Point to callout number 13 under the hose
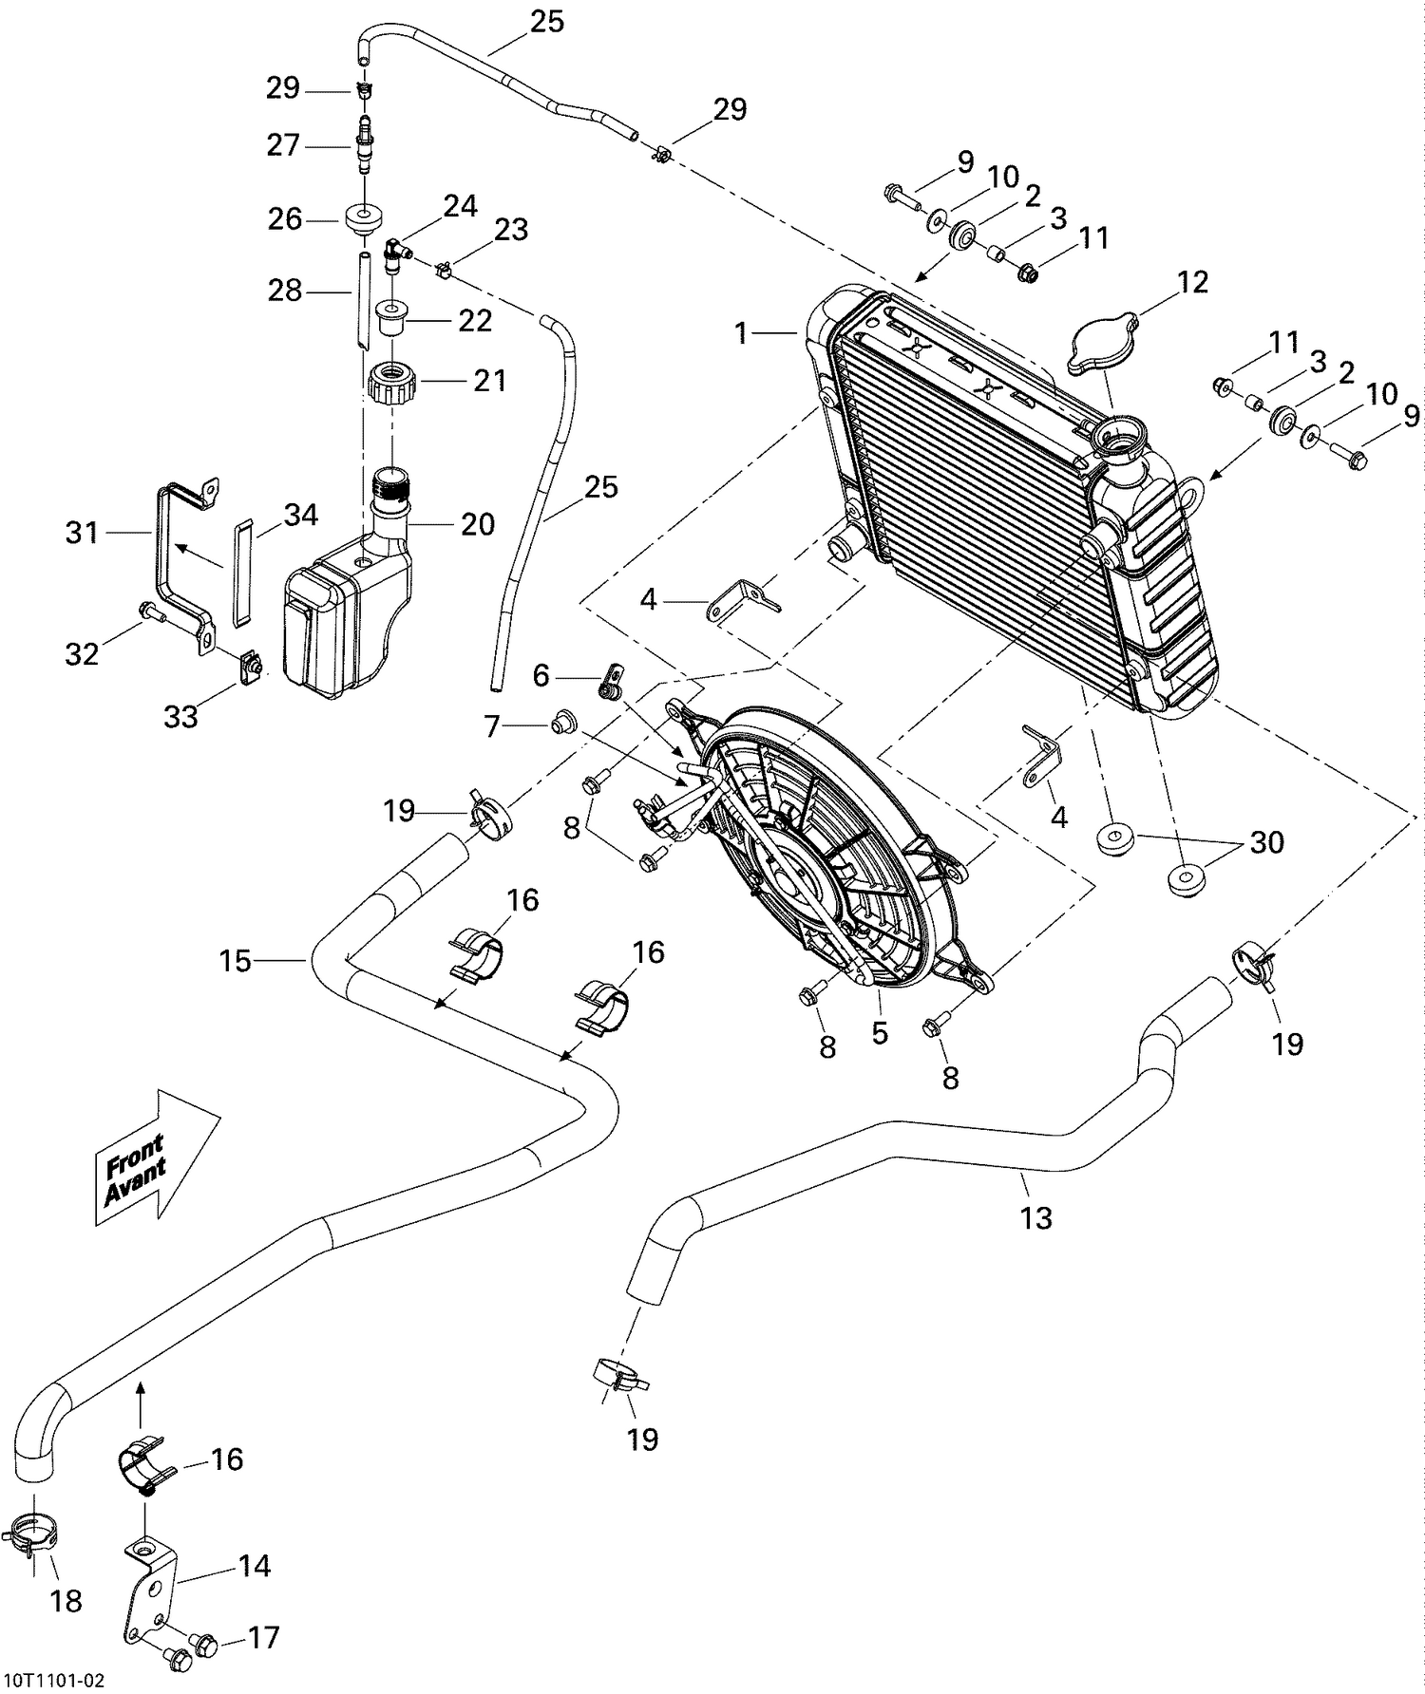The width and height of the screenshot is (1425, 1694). pyautogui.click(x=1035, y=1216)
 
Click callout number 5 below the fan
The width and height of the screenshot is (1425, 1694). pyautogui.click(x=880, y=1032)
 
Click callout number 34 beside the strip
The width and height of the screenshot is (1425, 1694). pyautogui.click(x=301, y=516)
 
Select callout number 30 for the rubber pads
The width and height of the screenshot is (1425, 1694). pyautogui.click(x=1266, y=842)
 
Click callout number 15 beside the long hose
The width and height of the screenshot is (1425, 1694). pyautogui.click(x=236, y=961)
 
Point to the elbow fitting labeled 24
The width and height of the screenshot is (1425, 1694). pyautogui.click(x=394, y=254)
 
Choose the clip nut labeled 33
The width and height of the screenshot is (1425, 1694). pyautogui.click(x=250, y=668)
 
